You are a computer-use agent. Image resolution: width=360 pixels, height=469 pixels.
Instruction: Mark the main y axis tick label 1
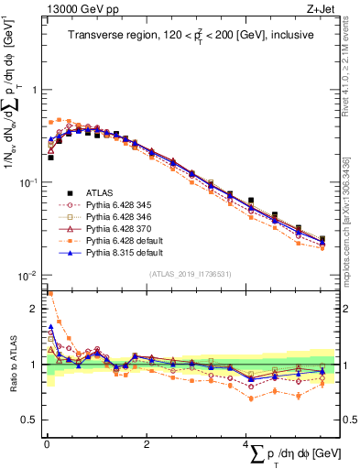click(33, 90)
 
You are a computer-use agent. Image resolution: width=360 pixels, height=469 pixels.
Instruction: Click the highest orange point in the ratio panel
click(49, 294)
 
